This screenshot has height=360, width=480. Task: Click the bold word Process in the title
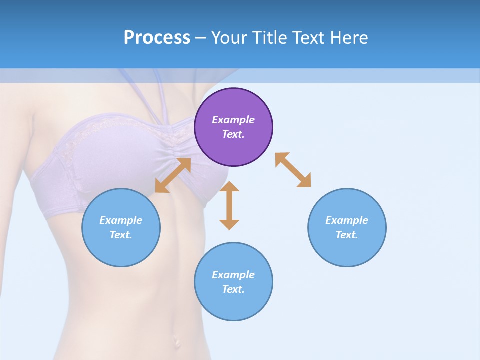[157, 38]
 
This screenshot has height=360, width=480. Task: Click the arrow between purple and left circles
[173, 175]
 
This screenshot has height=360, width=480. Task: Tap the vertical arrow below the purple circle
[229, 206]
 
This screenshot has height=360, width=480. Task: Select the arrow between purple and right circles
[293, 170]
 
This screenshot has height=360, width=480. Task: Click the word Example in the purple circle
[233, 120]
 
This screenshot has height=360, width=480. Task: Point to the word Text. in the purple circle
[233, 134]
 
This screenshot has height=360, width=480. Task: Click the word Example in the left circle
[121, 220]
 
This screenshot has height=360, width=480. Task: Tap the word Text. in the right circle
[347, 235]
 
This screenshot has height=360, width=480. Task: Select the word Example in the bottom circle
[233, 275]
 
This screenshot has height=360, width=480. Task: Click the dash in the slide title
[200, 38]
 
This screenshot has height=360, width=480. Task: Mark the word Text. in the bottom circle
[233, 289]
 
